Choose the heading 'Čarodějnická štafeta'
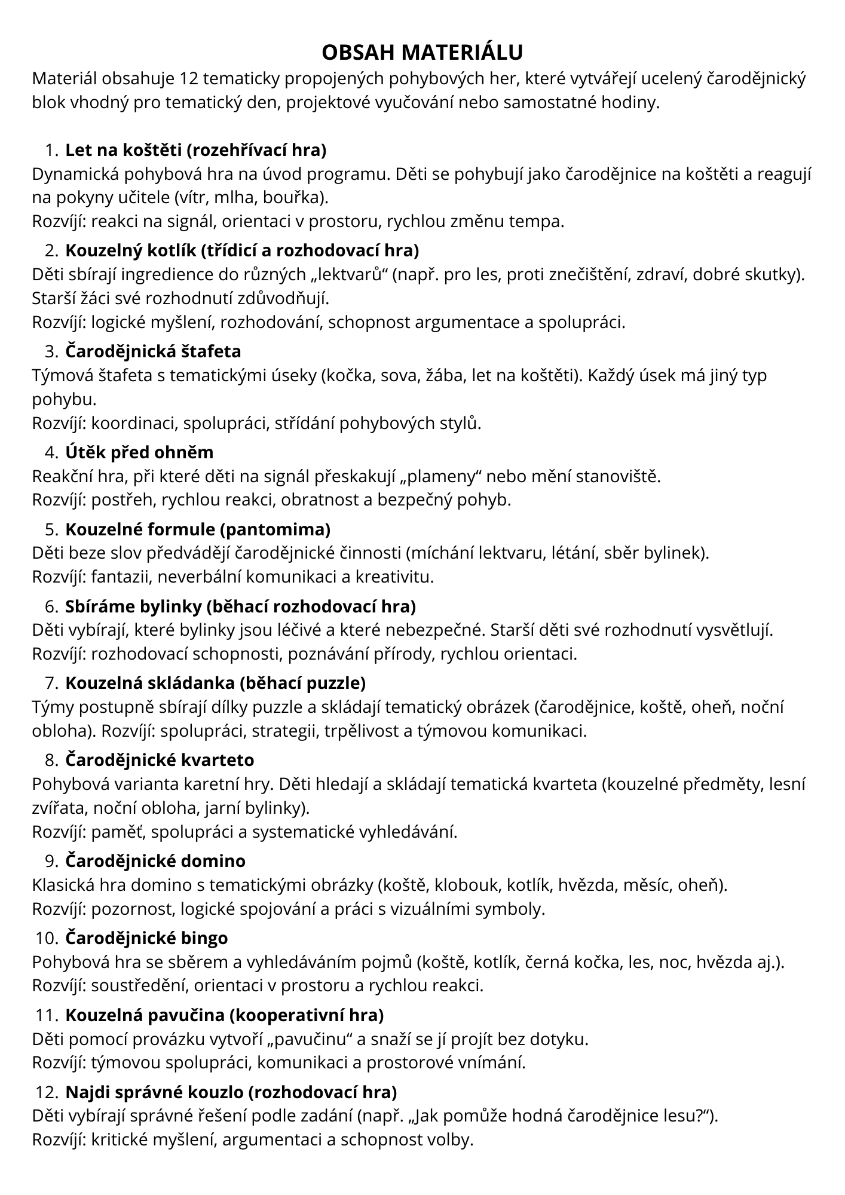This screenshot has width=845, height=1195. [153, 351]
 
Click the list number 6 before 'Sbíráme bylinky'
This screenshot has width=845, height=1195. [50, 606]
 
